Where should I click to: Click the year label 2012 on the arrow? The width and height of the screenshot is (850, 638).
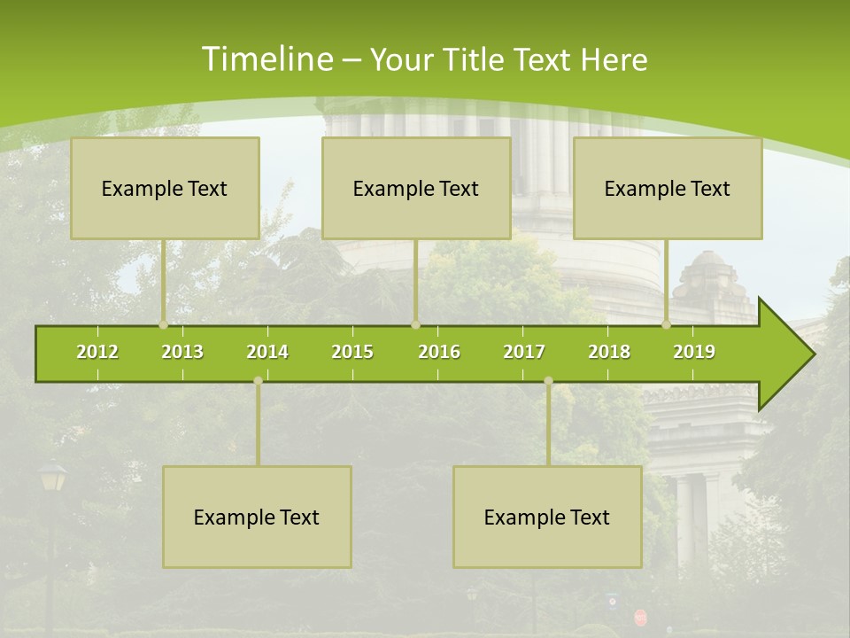coord(97,352)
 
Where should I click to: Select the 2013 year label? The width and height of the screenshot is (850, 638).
coord(182,352)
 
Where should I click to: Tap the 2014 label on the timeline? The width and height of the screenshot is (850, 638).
coord(267,352)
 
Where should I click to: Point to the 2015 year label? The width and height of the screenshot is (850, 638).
coord(352,352)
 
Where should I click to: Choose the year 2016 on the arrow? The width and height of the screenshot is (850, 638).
coord(439,352)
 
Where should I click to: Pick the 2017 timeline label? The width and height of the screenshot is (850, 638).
coord(524,352)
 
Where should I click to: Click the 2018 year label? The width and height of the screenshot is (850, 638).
coord(609,352)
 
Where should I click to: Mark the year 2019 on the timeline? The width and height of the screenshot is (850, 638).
coord(694,352)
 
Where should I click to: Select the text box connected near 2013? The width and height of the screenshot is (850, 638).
coord(165,189)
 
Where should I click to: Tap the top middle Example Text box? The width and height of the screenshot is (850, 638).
coord(416,189)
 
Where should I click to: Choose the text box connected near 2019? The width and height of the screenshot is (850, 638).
coord(668,189)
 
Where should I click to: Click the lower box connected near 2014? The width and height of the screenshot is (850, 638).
coord(257,517)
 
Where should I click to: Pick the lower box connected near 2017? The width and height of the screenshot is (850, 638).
coord(547,517)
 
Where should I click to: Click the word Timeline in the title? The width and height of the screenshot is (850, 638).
coord(267,59)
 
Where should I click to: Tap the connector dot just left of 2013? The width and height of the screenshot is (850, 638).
coord(164,324)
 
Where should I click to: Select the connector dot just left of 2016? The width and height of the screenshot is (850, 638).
coord(415,324)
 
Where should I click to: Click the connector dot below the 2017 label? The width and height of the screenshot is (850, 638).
coord(548,381)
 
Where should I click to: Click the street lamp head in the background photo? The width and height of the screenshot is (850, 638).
coord(52,477)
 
